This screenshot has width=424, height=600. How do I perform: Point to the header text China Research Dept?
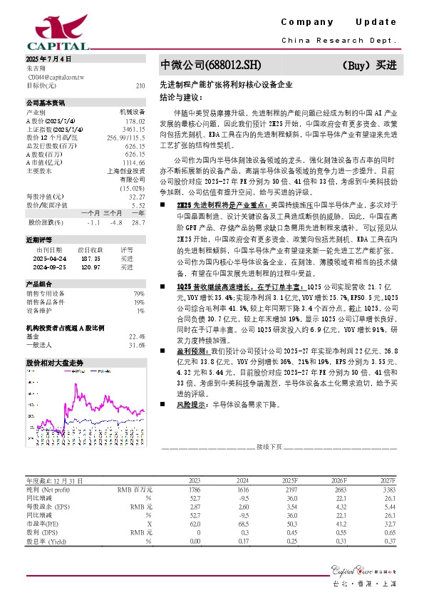[x=338, y=41]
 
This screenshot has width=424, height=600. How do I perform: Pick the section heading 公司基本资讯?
[x=46, y=103]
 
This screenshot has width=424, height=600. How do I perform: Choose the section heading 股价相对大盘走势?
[x=55, y=363]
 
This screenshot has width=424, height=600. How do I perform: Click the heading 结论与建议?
[x=181, y=95]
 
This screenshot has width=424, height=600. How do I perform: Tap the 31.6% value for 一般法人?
[x=137, y=345]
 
